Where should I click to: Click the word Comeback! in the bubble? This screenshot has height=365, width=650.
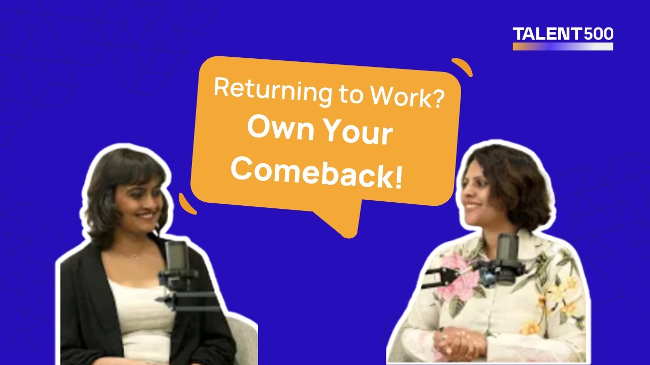point(317,172)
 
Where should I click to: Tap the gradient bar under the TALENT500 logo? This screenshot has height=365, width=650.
point(563,46)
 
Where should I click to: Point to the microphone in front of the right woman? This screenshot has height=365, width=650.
point(506,253)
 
